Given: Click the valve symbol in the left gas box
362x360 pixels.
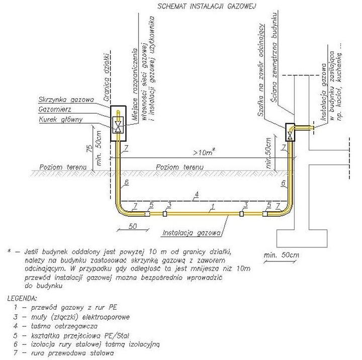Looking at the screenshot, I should (x=118, y=125).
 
